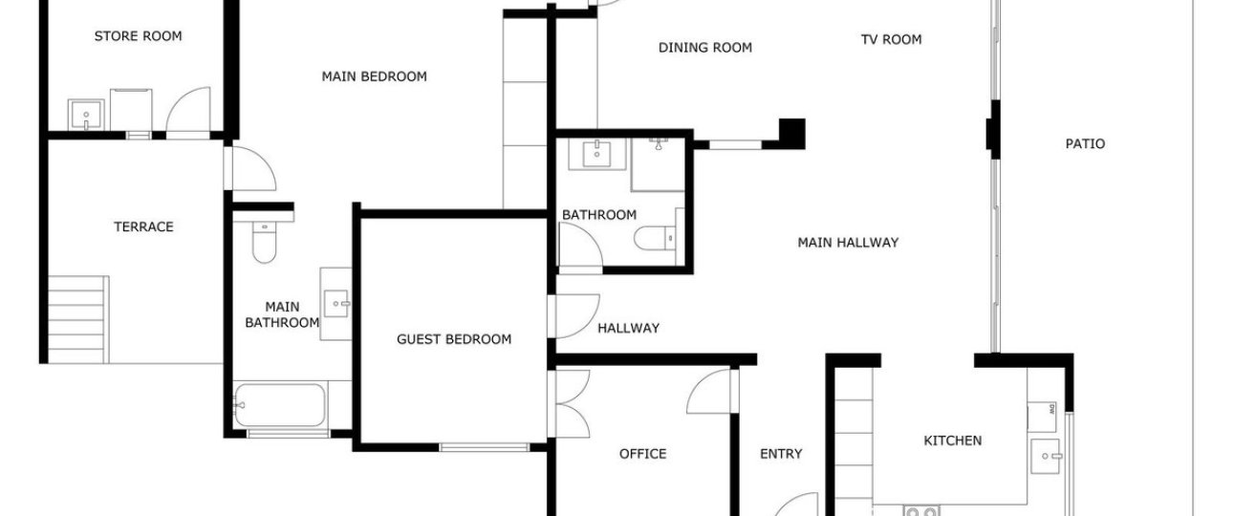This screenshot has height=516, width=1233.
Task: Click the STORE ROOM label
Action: coord(139,36)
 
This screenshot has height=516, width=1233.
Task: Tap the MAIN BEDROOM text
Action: coord(375,76)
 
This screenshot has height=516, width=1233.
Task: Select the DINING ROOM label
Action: coord(705,48)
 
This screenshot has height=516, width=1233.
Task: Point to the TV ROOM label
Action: coord(891,39)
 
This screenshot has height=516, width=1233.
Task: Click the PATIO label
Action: coord(1085,144)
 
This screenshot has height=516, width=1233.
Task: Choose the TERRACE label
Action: coord(143,226)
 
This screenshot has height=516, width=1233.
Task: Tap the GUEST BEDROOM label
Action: coord(454,339)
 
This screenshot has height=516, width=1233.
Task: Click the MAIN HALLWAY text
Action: coord(848,243)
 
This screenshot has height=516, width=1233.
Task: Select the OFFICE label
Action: coord(643,454)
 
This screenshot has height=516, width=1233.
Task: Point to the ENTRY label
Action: coord(781,454)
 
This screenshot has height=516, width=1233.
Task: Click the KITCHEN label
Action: coord(953,441)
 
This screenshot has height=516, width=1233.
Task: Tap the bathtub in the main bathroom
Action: coord(280,405)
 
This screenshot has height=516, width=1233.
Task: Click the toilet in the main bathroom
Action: coord(264,241)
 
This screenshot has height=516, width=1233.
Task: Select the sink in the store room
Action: coord(86,115)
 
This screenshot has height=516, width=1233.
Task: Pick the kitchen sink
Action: coord(1046,456)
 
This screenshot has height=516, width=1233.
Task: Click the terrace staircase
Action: coord(78,319)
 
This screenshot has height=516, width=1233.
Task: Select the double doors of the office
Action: coord(572,404)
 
